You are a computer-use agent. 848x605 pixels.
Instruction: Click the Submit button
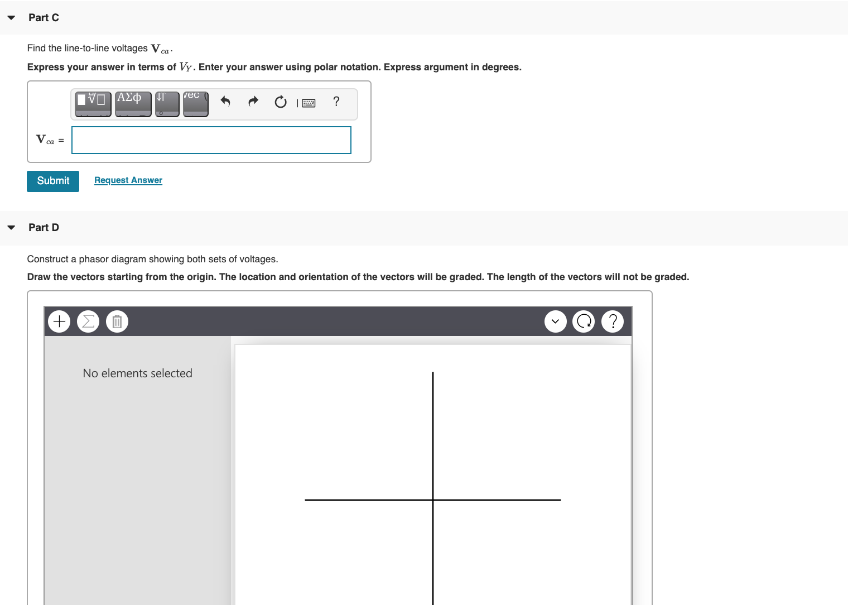pos(53,181)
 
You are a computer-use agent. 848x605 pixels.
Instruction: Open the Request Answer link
pos(128,180)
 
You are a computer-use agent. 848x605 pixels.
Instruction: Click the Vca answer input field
pos(211,140)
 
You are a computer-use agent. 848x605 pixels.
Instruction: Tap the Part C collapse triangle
pos(11,18)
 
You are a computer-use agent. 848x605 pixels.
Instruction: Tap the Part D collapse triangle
pos(11,228)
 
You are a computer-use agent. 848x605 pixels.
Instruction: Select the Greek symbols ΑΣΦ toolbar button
pos(133,104)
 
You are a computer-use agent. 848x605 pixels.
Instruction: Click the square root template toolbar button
pos(93,104)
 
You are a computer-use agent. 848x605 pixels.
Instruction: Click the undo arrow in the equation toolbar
pos(225,102)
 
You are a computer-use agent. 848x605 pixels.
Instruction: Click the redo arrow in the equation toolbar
pos(253,102)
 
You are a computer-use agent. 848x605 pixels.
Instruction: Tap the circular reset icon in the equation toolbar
pos(281,102)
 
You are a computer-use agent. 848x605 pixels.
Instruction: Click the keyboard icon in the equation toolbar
pos(309,103)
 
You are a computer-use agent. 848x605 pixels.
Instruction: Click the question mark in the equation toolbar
pos(336,102)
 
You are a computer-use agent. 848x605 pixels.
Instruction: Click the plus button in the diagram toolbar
pos(60,321)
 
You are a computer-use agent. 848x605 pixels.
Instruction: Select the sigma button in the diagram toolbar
pos(88,321)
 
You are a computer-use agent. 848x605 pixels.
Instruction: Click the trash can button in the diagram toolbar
pos(117,321)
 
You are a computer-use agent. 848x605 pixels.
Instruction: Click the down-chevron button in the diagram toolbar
pos(555,321)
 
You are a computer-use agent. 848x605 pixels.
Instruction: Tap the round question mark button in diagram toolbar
pos(613,321)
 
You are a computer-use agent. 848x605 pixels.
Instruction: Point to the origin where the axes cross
pos(433,500)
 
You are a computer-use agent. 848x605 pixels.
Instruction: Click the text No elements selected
pos(137,373)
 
